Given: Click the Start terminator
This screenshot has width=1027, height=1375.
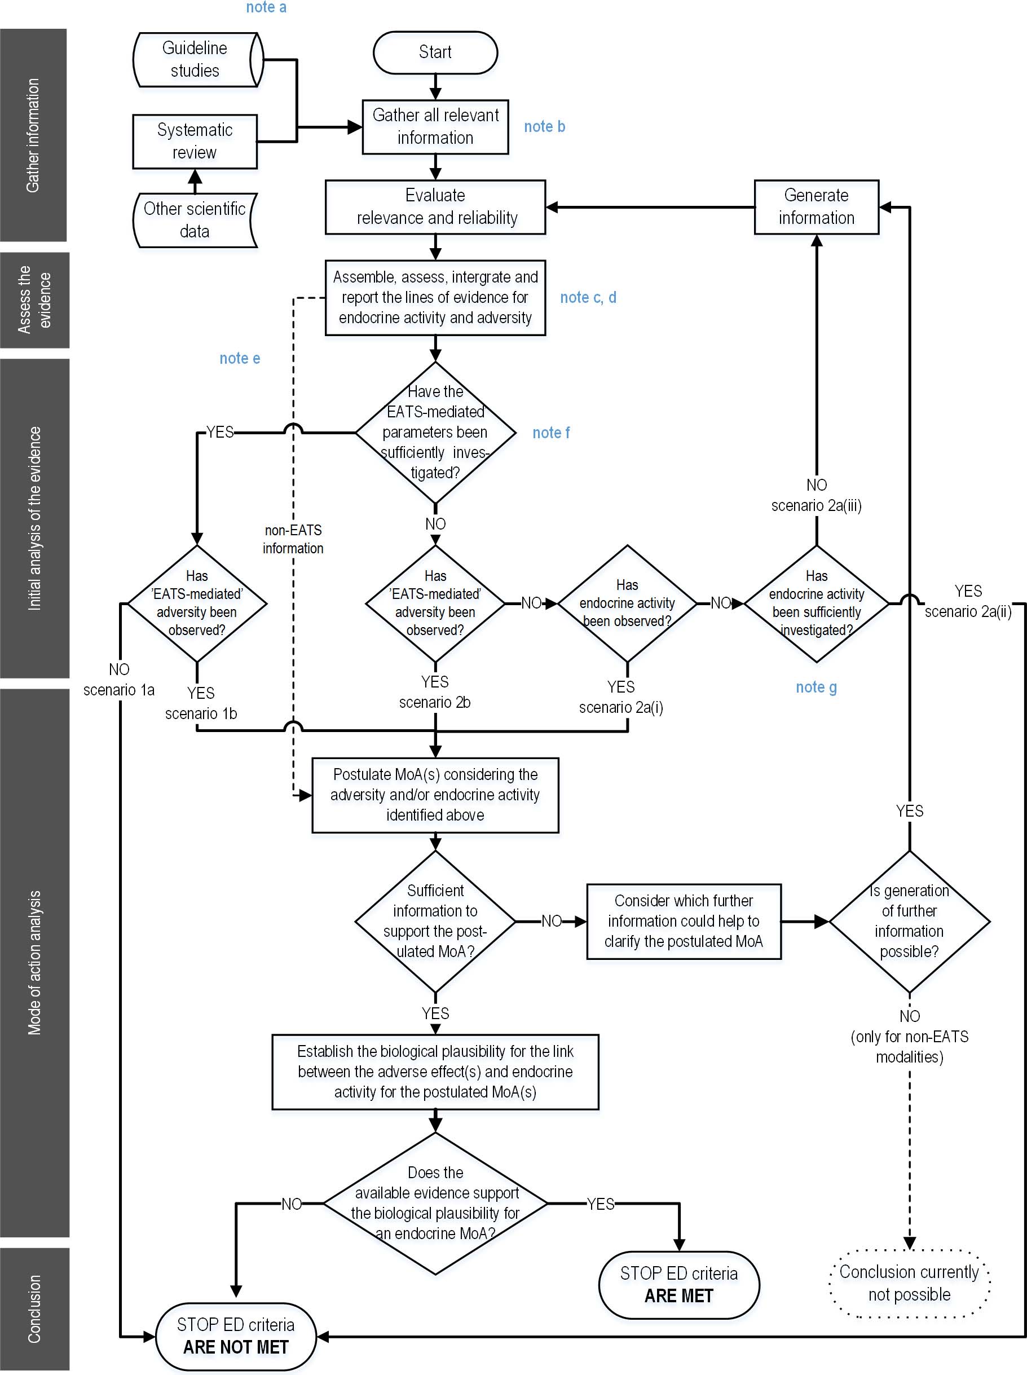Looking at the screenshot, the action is click(435, 52).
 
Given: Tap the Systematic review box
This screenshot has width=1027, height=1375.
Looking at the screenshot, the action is click(195, 141).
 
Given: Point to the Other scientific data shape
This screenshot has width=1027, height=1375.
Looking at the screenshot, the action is click(195, 220).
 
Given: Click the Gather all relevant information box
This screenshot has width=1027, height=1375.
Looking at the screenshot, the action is click(435, 127).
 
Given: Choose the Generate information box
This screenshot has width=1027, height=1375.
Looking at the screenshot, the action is click(816, 207).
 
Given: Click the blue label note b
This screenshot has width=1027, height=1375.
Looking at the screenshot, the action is click(545, 127).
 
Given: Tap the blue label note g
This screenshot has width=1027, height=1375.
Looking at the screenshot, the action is click(816, 687).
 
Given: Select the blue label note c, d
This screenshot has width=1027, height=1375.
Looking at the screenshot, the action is click(588, 298).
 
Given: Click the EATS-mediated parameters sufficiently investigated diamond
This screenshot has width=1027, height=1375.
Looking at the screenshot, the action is click(435, 433).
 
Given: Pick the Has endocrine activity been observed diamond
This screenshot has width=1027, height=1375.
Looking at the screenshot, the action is click(627, 603).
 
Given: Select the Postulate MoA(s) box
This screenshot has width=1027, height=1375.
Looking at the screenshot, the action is click(435, 795).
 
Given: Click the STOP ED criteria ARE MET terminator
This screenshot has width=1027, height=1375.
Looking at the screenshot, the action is click(679, 1285).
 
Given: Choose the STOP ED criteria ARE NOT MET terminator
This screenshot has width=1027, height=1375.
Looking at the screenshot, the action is click(236, 1337).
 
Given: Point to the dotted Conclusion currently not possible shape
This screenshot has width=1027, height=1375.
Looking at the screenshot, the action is click(910, 1283).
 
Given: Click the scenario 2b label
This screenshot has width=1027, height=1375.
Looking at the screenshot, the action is click(435, 702).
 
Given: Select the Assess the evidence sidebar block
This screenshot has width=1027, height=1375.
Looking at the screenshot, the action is click(35, 300).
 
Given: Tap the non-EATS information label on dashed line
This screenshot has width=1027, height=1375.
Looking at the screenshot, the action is click(293, 539).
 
